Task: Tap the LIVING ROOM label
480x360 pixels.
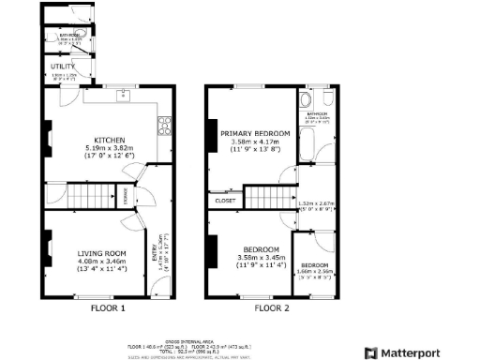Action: pyautogui.click(x=101, y=253)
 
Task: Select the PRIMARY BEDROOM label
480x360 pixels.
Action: pyautogui.click(x=255, y=134)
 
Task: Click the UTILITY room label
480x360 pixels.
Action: pyautogui.click(x=63, y=67)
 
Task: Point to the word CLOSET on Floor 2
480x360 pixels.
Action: pyautogui.click(x=226, y=200)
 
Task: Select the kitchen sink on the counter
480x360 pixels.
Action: pyautogui.click(x=122, y=94)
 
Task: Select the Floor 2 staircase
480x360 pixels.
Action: pyautogui.click(x=267, y=197)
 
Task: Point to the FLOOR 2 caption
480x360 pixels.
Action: pyautogui.click(x=273, y=307)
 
